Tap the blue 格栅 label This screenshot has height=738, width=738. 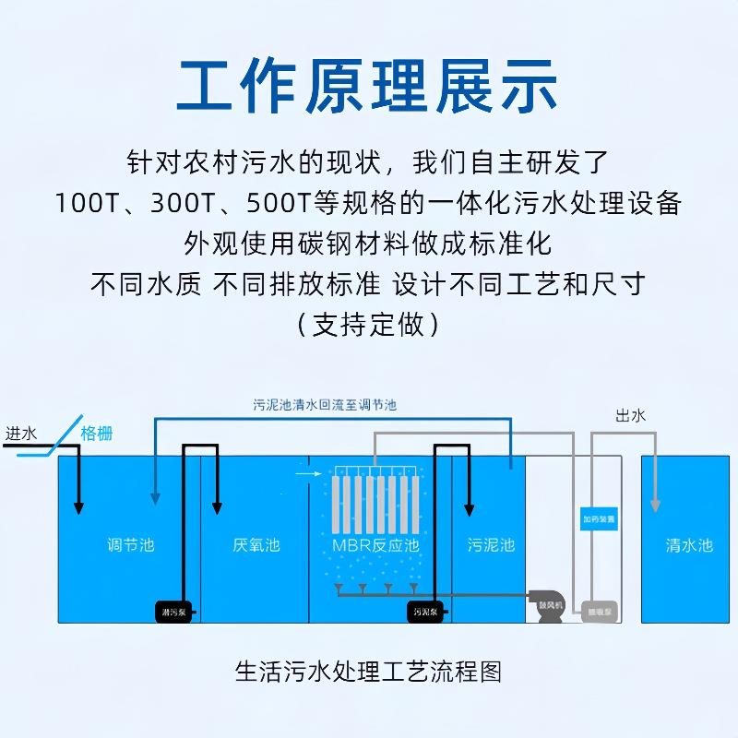pos(97,434)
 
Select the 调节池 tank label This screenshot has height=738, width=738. pos(130,545)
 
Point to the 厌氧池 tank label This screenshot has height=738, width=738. pos(256,545)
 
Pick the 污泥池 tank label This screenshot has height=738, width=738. pos(490,545)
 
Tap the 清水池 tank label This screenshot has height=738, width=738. pos(689,545)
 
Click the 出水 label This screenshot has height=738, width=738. pos(630,416)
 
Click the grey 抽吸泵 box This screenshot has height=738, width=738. pos(600,611)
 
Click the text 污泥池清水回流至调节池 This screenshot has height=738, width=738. pos(325,405)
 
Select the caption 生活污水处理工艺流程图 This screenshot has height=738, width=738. pos(368,671)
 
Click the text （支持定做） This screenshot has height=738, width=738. pos(368,325)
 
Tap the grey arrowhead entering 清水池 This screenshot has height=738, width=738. pos(655,505)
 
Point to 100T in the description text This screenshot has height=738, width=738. pos(86,203)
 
